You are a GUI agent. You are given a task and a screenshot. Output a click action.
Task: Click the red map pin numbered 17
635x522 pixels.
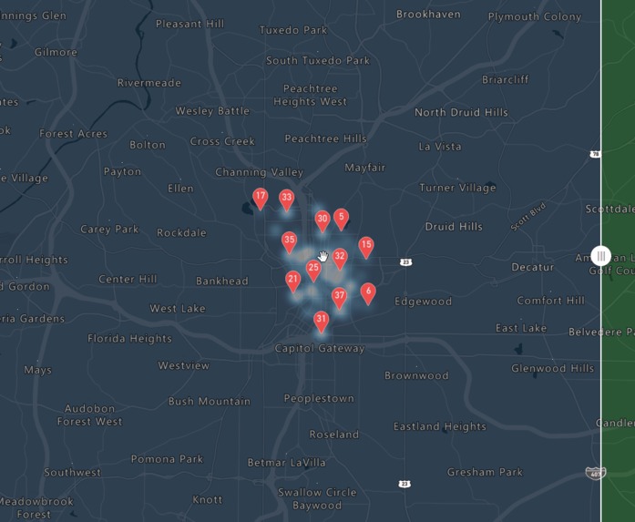pyautogui.click(x=261, y=198)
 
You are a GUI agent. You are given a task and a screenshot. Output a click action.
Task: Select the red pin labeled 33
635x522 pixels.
pyautogui.click(x=287, y=199)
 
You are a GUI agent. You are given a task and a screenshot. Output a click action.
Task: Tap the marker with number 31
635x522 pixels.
pyautogui.click(x=321, y=321)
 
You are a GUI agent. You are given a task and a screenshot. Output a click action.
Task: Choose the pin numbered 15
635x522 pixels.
pyautogui.click(x=366, y=246)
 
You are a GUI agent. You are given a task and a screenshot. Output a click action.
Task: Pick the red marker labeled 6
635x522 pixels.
pyautogui.click(x=368, y=292)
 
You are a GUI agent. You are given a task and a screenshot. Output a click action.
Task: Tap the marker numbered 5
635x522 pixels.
pyautogui.click(x=341, y=219)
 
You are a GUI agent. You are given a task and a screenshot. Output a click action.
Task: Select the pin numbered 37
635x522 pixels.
pyautogui.click(x=340, y=297)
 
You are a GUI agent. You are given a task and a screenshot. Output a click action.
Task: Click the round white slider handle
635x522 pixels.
pyautogui.click(x=600, y=257)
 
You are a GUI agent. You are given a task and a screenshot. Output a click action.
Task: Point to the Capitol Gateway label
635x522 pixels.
pyautogui.click(x=320, y=348)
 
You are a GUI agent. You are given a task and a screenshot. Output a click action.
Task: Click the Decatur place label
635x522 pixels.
pyautogui.click(x=532, y=267)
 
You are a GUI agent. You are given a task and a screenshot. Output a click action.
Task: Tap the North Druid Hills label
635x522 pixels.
pyautogui.click(x=461, y=112)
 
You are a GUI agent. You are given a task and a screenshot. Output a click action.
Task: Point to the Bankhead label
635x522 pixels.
pyautogui.click(x=222, y=281)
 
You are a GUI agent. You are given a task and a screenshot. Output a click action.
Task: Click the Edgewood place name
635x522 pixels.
pyautogui.click(x=423, y=301)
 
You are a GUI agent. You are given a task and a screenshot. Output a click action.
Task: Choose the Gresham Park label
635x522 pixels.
pyautogui.click(x=485, y=472)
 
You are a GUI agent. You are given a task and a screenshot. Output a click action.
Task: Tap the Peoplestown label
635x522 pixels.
pyautogui.click(x=319, y=398)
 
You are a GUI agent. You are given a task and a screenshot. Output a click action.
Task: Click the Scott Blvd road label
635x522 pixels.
pyautogui.click(x=527, y=219)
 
